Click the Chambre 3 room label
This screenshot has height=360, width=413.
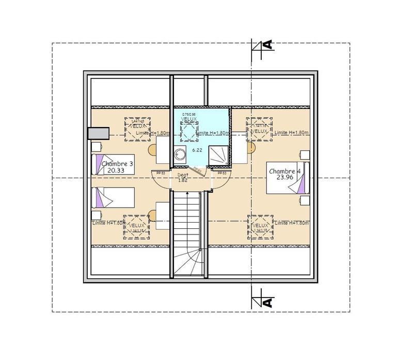point(118,164)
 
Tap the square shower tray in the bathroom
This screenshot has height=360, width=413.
point(218,155)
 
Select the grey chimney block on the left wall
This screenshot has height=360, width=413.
point(98,134)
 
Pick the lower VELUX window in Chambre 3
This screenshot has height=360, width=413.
point(136,227)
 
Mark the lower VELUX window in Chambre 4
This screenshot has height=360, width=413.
point(261,227)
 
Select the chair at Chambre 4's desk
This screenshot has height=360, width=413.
point(251,149)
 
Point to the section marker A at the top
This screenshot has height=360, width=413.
point(267,45)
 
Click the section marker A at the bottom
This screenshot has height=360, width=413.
point(267,301)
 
